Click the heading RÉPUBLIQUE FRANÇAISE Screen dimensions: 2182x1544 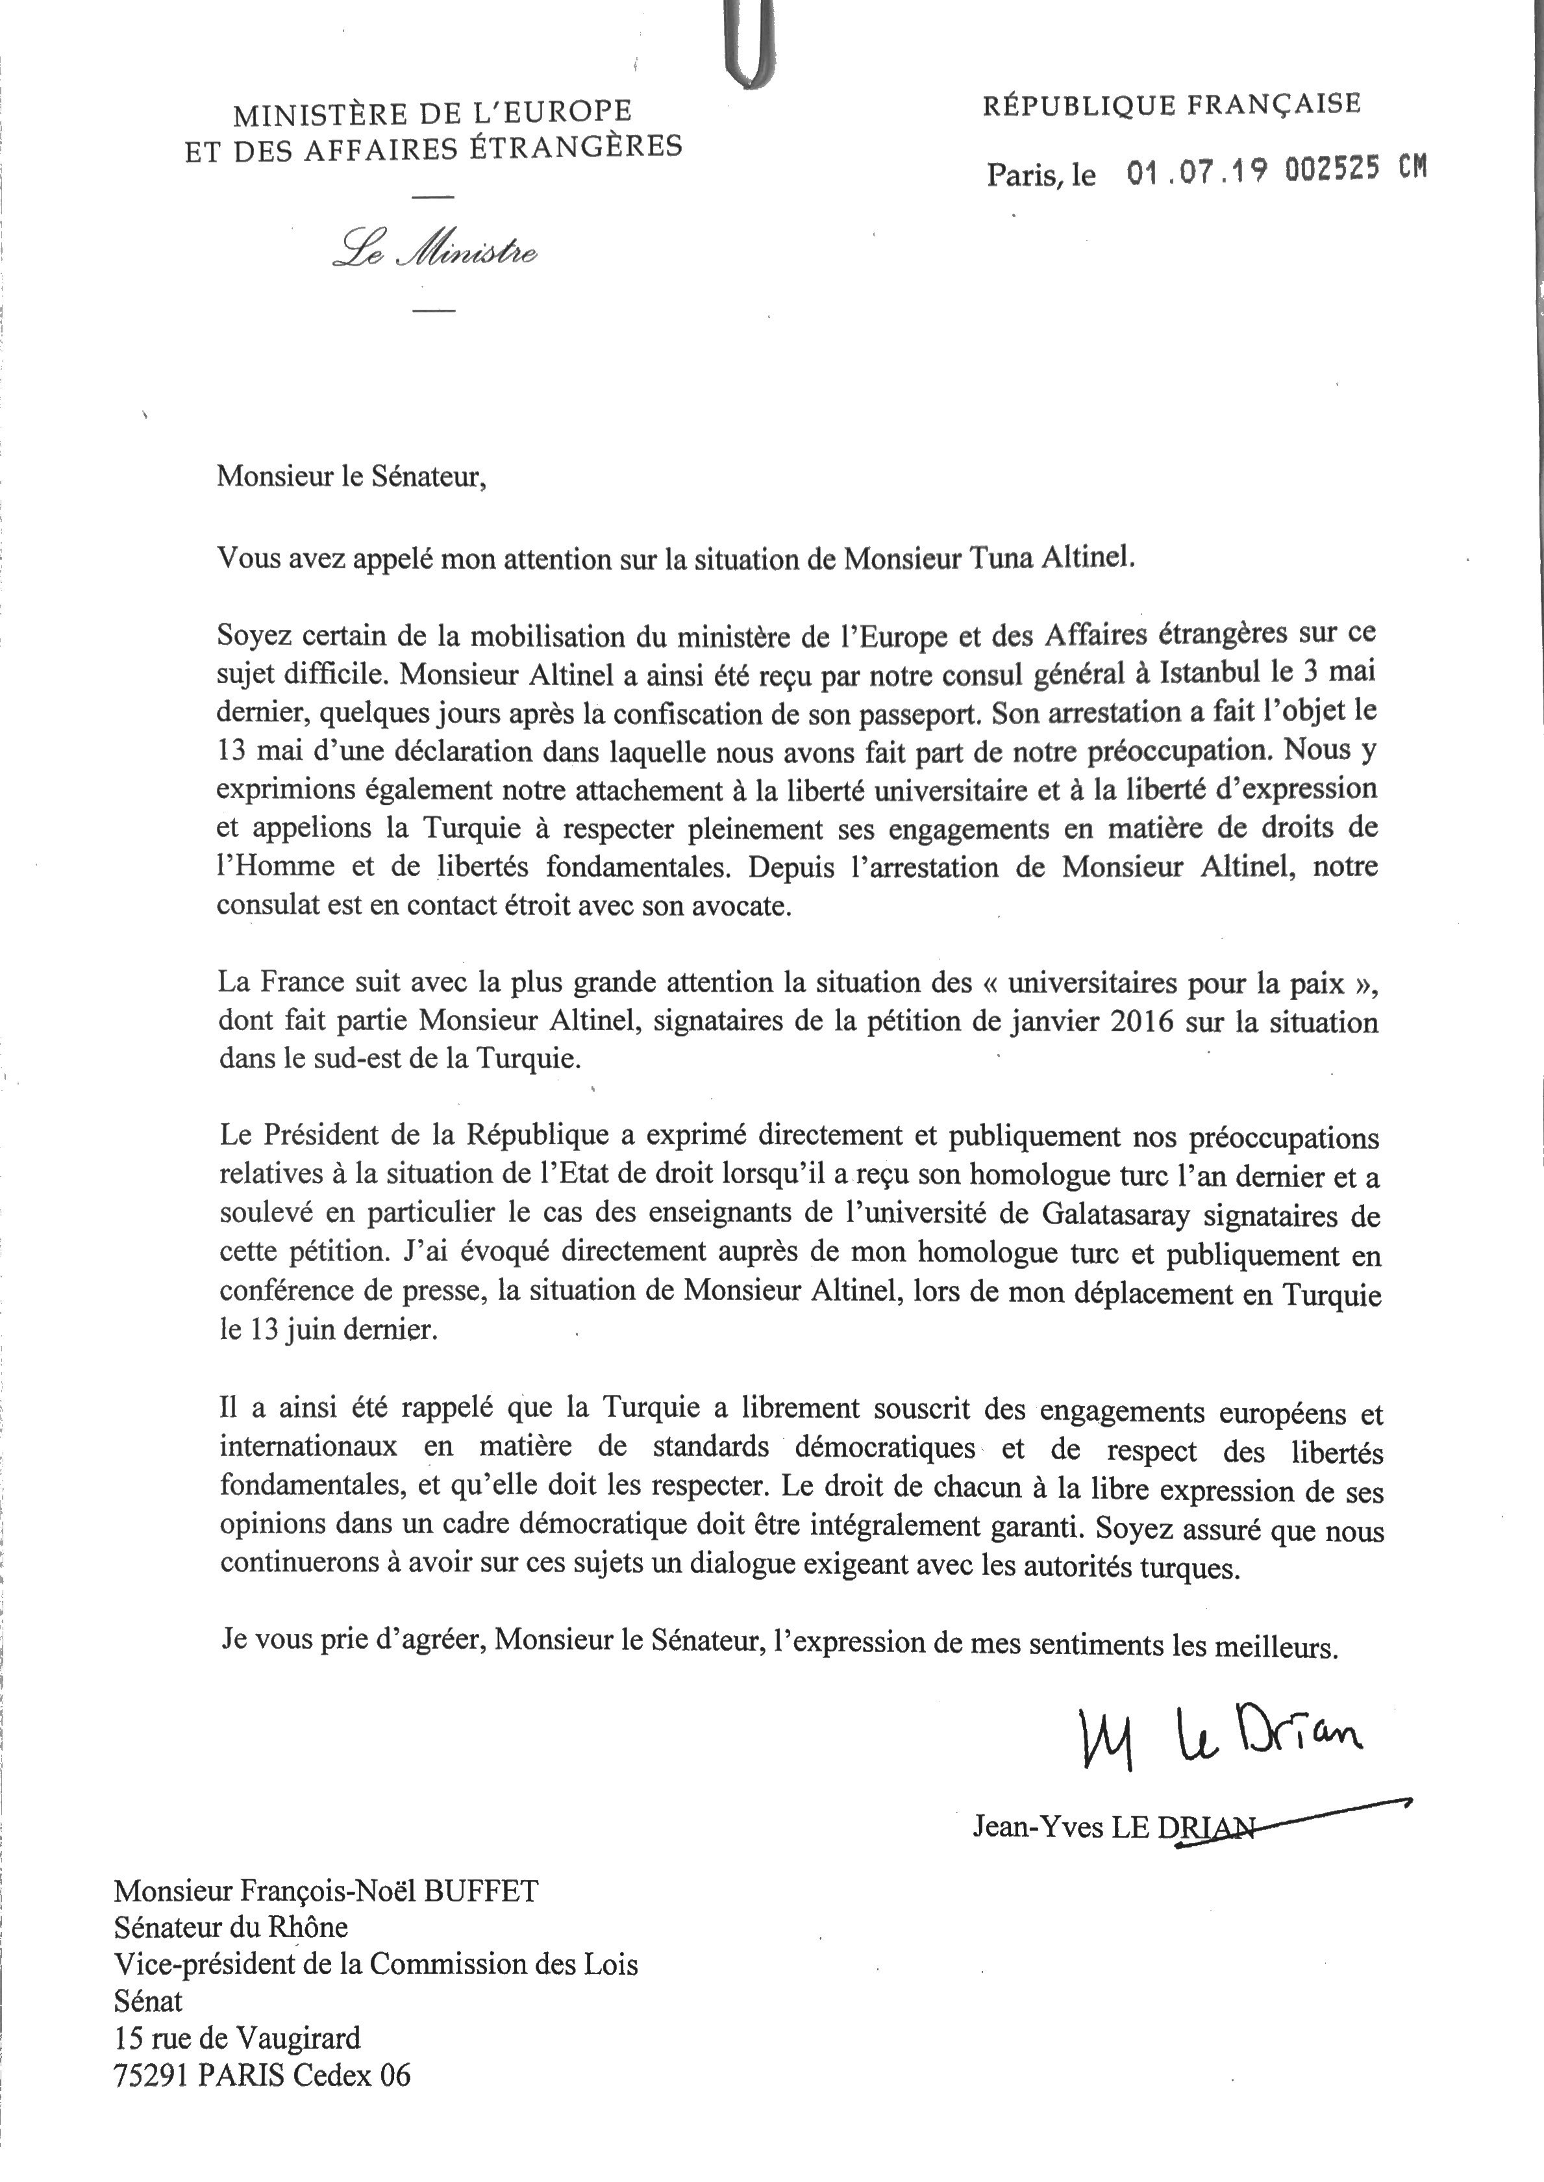pos(1171,105)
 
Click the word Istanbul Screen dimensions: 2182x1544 pos(1199,672)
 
